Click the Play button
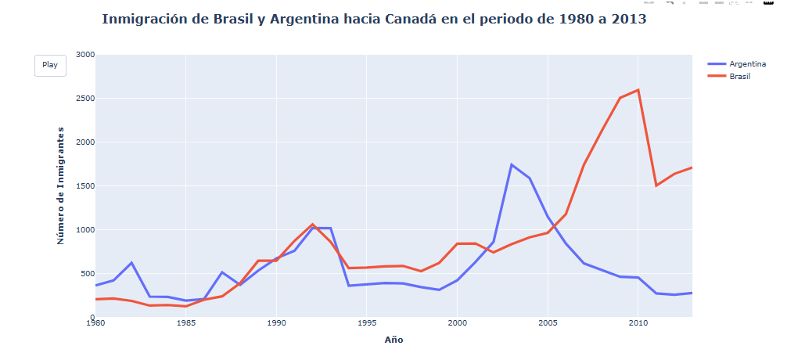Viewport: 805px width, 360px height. [x=50, y=66]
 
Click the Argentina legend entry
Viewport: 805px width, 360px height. [x=746, y=64]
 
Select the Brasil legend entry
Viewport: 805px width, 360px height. [x=739, y=77]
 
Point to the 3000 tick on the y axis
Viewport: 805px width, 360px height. [x=85, y=55]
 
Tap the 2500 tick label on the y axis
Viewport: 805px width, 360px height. [x=85, y=99]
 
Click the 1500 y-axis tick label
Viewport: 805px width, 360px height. [x=85, y=186]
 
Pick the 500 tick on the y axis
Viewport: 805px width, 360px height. [x=87, y=274]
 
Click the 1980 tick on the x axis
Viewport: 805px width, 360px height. [x=95, y=322]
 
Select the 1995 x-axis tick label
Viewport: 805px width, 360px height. [x=366, y=322]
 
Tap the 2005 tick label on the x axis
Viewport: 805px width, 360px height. [x=548, y=322]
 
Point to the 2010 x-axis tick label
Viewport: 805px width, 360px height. [x=638, y=322]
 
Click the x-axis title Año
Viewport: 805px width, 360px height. [x=394, y=340]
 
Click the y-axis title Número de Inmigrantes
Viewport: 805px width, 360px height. [x=60, y=185]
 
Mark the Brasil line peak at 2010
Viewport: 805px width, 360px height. [x=638, y=90]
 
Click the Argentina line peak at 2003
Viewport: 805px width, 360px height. [x=512, y=164]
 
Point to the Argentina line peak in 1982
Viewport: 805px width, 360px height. [x=131, y=262]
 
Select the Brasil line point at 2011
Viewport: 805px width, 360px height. [x=656, y=185]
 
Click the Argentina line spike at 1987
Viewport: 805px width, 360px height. [x=222, y=272]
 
